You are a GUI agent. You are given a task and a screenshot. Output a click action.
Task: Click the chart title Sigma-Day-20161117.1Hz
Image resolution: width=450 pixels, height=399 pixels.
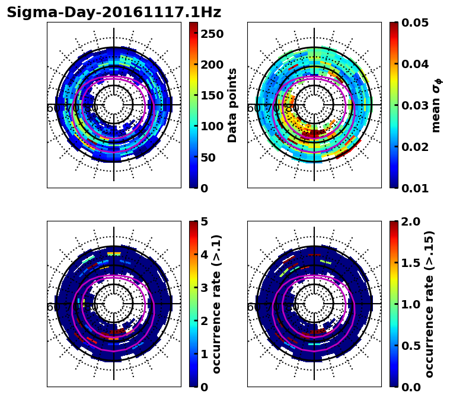(x=114, y=12)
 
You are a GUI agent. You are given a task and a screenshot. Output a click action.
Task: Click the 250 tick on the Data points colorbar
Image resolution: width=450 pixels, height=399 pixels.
(x=212, y=34)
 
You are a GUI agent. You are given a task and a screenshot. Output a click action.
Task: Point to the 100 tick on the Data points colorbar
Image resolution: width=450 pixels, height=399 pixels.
(x=212, y=126)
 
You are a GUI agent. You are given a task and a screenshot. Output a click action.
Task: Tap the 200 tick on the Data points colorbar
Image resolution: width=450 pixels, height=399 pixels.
(x=212, y=65)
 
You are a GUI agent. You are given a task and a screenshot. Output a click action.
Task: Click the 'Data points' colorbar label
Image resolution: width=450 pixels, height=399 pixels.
(x=232, y=105)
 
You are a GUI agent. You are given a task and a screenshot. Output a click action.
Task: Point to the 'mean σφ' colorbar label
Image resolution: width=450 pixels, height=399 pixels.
(x=436, y=105)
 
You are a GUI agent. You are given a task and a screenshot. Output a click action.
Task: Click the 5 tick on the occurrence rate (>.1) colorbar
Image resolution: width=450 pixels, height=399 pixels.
(x=204, y=221)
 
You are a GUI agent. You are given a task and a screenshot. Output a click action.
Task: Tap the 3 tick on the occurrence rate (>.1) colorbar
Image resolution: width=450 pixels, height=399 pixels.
(x=204, y=288)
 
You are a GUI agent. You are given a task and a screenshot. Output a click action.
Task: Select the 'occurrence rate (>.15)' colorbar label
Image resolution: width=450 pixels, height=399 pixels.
(x=429, y=304)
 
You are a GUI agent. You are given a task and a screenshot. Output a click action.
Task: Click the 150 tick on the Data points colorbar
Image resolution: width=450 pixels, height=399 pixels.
(x=212, y=95)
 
